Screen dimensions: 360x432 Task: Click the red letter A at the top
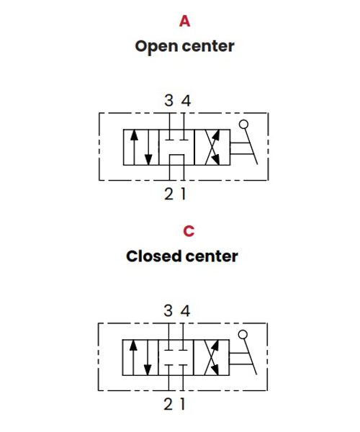(x=184, y=21)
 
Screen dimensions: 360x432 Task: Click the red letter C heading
(x=189, y=231)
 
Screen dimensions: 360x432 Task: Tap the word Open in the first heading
(x=156, y=47)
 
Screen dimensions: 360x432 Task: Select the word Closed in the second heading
(x=153, y=256)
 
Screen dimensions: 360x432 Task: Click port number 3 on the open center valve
(x=168, y=100)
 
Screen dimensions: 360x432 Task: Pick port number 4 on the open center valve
(x=186, y=101)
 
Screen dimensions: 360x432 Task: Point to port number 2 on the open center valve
(x=168, y=194)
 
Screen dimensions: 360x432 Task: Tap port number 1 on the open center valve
(x=183, y=194)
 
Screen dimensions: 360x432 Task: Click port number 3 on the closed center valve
(x=168, y=310)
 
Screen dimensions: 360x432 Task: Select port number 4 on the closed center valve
(x=185, y=311)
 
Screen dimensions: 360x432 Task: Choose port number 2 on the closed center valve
(x=168, y=404)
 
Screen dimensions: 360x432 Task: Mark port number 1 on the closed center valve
(x=182, y=404)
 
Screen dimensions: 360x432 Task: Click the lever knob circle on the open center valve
(x=243, y=125)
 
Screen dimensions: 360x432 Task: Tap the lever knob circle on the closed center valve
(x=243, y=335)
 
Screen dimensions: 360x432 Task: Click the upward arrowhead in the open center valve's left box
(x=134, y=135)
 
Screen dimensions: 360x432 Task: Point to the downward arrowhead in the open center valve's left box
(x=148, y=160)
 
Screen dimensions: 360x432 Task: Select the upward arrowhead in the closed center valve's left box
(x=133, y=345)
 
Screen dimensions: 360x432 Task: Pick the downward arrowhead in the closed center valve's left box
(x=148, y=370)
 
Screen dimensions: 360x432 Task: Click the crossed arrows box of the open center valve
(x=212, y=147)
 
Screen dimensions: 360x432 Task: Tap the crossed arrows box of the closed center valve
(x=211, y=357)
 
